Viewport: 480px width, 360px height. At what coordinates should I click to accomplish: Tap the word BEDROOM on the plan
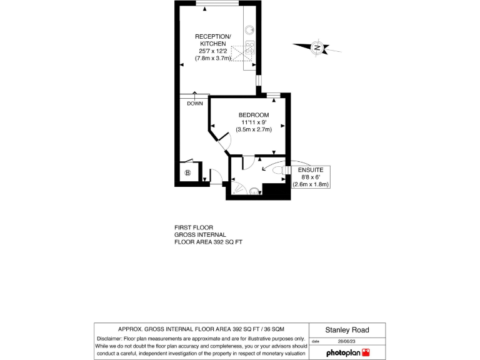pos(254,115)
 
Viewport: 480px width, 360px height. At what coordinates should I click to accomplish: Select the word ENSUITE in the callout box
pos(311,169)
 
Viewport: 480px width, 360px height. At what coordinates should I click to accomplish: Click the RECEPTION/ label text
pos(213,36)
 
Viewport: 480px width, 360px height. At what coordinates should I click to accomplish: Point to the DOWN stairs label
pos(194,103)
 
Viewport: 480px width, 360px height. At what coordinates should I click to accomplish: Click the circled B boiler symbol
pos(187,172)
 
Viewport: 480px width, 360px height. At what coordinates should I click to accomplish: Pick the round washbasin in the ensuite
pos(254,191)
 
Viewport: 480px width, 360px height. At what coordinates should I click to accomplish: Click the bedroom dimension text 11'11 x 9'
pos(254,122)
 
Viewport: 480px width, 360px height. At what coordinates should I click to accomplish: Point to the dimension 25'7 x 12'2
pos(213,51)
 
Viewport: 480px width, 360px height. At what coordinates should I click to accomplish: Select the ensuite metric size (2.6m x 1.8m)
pos(311,184)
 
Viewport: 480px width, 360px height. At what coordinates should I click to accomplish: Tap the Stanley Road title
pos(347,330)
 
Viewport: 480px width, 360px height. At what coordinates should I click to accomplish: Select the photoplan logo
pos(347,353)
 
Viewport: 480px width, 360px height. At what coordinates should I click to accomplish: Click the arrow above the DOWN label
pos(194,95)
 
